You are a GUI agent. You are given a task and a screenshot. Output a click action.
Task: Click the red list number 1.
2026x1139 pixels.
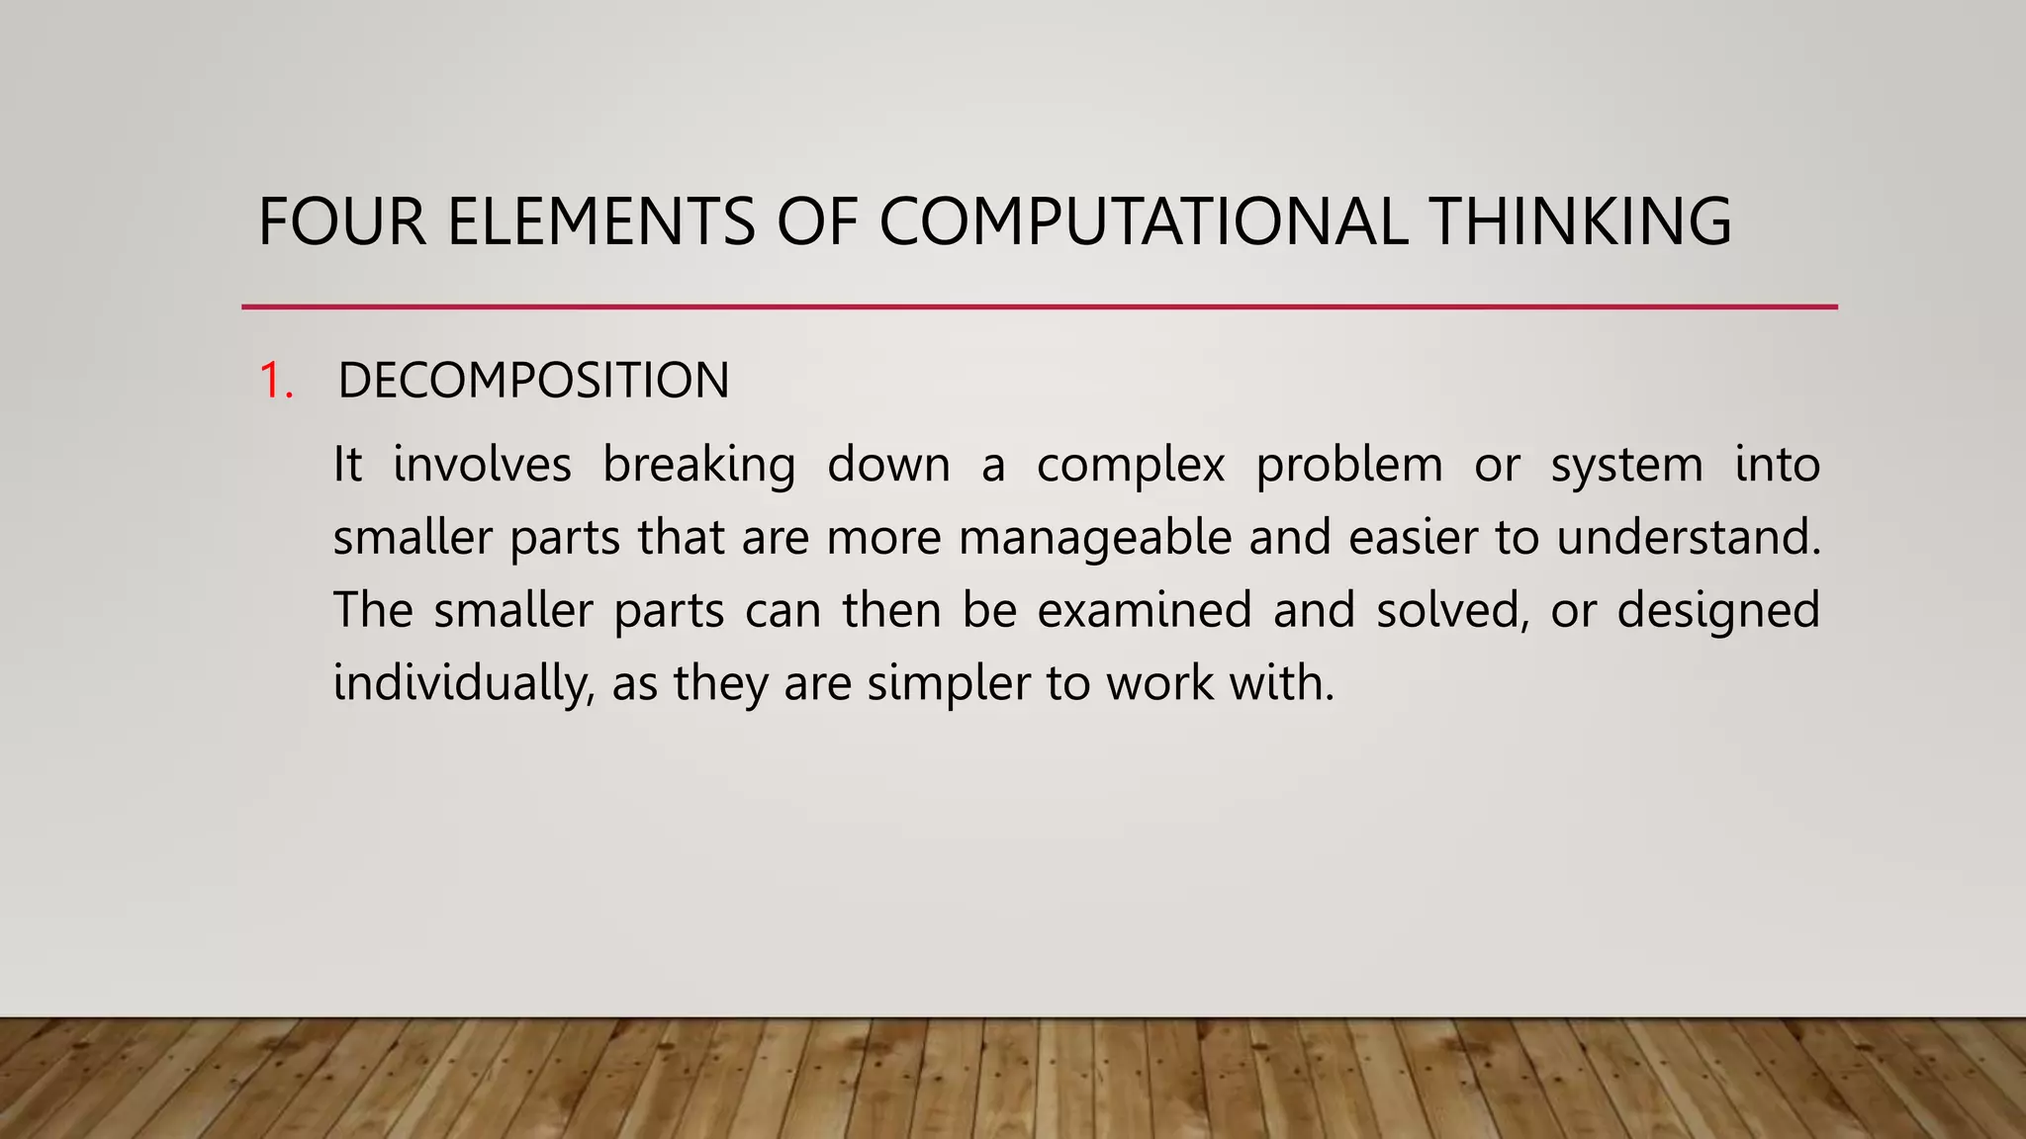275,381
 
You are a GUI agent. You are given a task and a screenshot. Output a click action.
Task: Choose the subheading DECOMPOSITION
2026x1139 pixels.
533,381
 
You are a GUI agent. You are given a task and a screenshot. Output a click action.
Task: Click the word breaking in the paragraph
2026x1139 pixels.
698,465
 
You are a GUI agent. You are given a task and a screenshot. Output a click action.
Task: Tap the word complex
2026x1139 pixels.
1131,465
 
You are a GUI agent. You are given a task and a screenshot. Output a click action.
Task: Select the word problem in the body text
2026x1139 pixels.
1349,465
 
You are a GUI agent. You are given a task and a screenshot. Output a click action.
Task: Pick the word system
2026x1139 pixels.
1626,465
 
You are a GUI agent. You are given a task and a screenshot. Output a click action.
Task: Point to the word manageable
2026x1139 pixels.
1095,538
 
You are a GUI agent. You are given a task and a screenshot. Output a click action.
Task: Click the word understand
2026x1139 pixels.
1688,538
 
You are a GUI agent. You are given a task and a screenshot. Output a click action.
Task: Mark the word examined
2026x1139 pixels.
1145,610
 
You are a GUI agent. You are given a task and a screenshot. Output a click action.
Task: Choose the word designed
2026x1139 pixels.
1718,610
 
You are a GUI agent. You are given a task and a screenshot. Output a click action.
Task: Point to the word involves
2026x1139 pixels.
482,465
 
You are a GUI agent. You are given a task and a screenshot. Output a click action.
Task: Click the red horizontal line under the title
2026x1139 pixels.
1039,307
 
